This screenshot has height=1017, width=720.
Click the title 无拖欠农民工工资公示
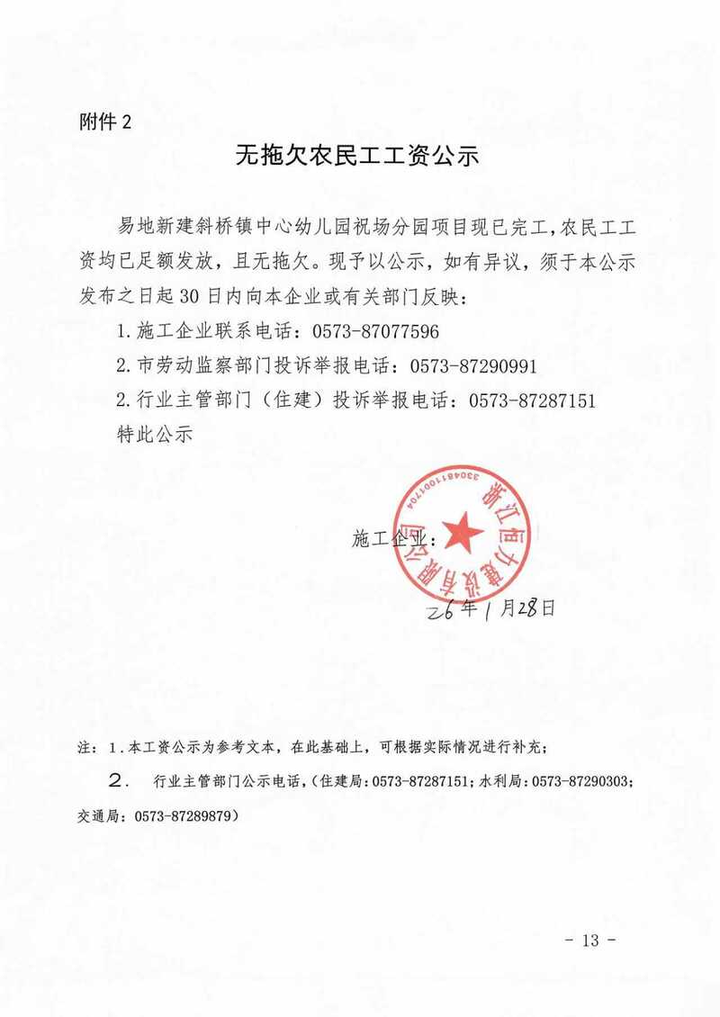[358, 156]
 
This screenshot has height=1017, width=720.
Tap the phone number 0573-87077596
[375, 331]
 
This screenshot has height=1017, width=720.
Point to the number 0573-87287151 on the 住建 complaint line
[531, 400]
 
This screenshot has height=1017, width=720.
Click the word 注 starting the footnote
[85, 746]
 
